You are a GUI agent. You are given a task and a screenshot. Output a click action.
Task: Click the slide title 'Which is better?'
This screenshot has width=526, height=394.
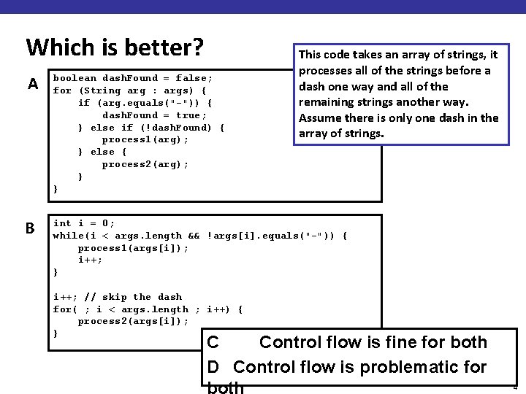(x=114, y=47)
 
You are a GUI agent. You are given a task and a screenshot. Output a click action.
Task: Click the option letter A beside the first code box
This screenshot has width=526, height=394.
(x=33, y=84)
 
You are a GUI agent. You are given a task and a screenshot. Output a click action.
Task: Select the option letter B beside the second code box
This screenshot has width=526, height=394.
(x=30, y=228)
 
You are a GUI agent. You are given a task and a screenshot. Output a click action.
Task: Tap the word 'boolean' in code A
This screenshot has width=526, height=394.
(x=75, y=78)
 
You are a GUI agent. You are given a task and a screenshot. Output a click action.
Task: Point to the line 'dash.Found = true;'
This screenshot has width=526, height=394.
(x=154, y=115)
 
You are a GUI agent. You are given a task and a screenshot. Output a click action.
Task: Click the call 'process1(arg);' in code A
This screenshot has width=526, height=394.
(x=145, y=139)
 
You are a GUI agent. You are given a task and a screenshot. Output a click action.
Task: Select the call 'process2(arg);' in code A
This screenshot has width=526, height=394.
(x=145, y=164)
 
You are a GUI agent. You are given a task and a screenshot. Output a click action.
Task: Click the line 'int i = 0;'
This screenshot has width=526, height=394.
(x=84, y=223)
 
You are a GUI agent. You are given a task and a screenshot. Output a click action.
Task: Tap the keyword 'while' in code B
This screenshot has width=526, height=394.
(x=69, y=236)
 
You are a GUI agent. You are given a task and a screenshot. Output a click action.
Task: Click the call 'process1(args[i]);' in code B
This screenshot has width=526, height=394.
(x=133, y=248)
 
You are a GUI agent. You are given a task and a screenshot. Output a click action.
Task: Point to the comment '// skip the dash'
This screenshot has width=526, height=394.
(x=133, y=297)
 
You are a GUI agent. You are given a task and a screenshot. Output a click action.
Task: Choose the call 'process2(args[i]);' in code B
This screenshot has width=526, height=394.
(x=133, y=322)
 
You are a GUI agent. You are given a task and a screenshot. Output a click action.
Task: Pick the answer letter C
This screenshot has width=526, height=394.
(x=213, y=342)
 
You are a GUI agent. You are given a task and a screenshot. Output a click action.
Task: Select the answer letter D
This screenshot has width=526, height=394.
(x=213, y=367)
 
